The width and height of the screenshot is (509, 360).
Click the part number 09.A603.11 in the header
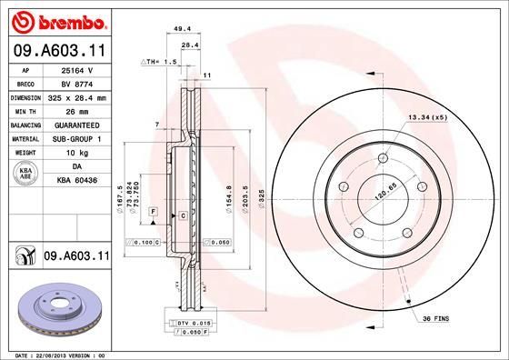point(58,51)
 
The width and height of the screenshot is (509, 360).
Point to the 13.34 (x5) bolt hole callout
point(428,117)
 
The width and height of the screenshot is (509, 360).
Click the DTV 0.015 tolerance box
point(193,323)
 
